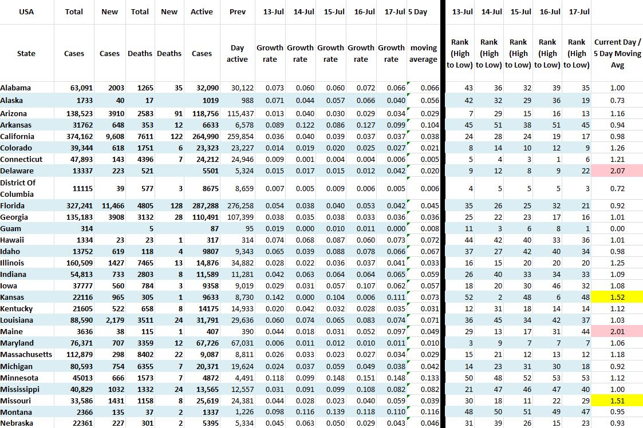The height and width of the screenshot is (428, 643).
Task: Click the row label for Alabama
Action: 15,88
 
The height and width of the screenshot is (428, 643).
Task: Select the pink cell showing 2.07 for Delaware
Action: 617,171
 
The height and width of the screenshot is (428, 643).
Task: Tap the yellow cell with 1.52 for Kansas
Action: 617,297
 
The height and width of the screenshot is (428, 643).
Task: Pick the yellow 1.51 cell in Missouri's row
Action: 617,401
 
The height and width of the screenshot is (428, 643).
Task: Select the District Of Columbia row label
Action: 18,188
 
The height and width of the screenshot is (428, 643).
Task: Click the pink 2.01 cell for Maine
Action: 617,332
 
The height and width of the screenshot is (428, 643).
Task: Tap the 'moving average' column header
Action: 424,53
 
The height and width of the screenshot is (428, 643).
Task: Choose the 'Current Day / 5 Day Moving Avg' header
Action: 617,53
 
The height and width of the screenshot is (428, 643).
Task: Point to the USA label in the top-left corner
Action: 26,11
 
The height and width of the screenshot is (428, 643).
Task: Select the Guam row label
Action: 10,228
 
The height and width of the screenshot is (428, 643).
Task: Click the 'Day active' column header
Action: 237,53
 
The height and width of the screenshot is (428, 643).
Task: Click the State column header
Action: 26,53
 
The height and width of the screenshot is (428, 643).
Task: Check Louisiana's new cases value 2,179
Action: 109,320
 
